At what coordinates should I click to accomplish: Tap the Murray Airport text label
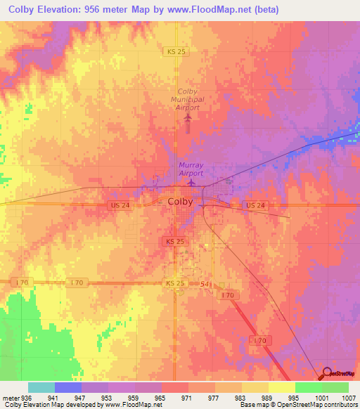(190, 169)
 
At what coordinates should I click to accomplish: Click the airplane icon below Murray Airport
(191, 183)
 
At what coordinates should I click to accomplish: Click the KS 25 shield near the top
(176, 52)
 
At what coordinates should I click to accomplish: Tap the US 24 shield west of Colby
(119, 204)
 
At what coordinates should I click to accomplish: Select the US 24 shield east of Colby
(254, 204)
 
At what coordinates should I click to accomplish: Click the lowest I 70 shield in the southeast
(259, 340)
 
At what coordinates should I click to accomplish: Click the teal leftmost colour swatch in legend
(41, 387)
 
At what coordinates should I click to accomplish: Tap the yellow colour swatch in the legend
(281, 387)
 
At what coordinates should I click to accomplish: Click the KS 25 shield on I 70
(175, 283)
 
